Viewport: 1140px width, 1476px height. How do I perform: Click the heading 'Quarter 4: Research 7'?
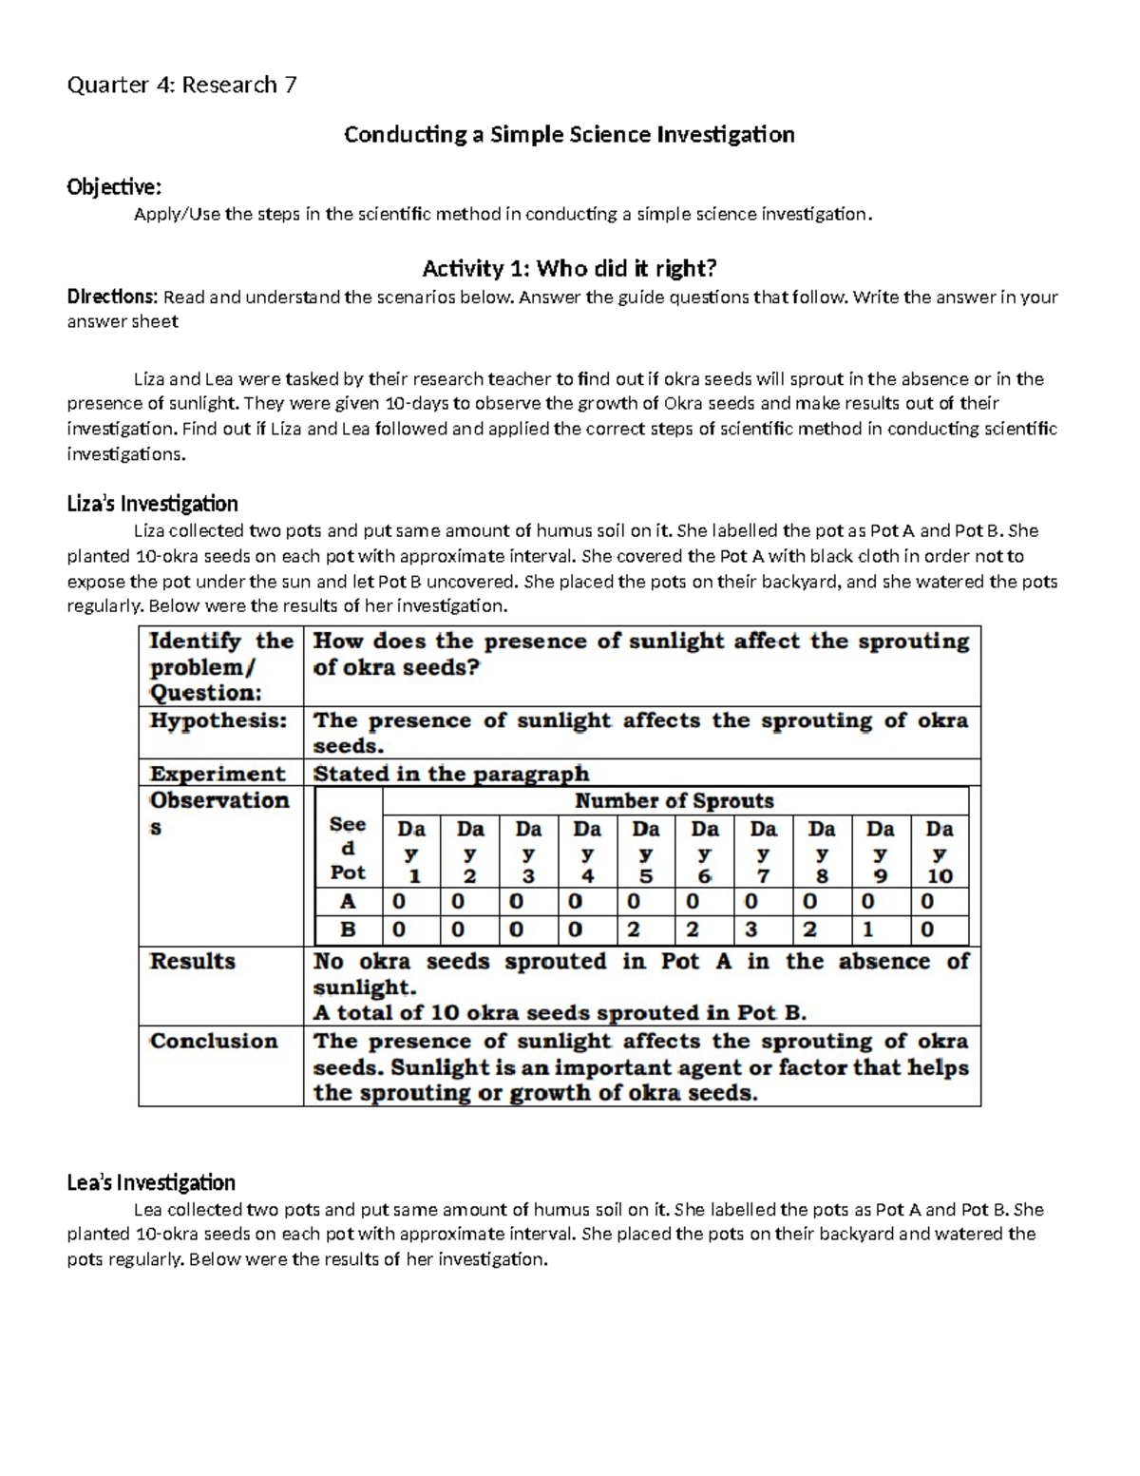(181, 86)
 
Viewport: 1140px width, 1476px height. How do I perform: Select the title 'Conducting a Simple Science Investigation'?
(569, 135)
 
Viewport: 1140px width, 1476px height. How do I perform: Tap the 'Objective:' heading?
(114, 186)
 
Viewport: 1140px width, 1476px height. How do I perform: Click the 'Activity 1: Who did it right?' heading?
(569, 269)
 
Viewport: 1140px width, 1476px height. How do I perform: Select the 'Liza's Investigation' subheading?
(152, 504)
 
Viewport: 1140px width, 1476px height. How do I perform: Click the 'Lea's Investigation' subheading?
(151, 1183)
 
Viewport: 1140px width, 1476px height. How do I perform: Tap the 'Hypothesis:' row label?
(218, 720)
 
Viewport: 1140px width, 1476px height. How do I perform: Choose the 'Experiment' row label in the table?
(218, 774)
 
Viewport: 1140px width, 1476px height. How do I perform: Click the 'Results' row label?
(193, 961)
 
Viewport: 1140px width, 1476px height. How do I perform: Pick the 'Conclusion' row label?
(214, 1041)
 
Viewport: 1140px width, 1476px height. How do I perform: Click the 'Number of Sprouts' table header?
(674, 801)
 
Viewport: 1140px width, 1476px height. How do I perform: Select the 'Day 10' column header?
(939, 852)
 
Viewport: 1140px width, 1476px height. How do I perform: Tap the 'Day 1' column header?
(411, 852)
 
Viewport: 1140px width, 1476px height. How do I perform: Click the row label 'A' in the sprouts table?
(348, 901)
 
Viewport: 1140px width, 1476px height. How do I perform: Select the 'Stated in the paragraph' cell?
(451, 774)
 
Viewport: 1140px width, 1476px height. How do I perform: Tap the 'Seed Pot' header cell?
(348, 848)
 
